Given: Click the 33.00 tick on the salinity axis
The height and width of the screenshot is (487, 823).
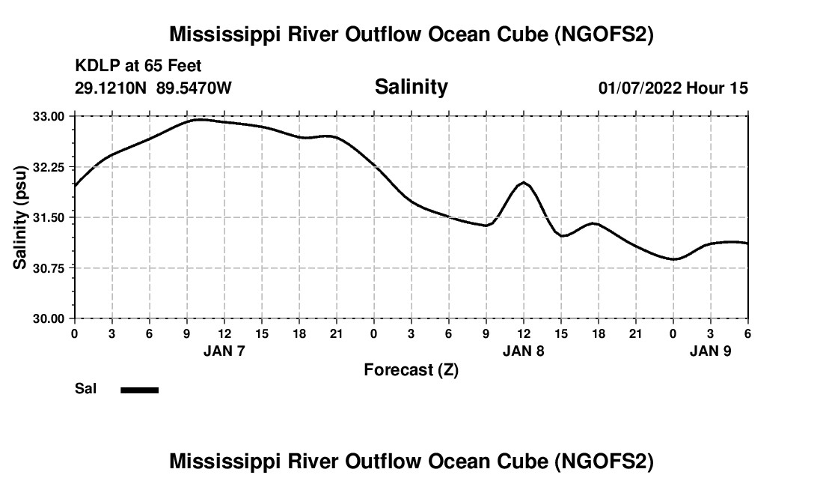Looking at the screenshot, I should pyautogui.click(x=49, y=116).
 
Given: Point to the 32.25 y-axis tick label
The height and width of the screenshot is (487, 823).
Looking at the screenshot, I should pyautogui.click(x=49, y=167).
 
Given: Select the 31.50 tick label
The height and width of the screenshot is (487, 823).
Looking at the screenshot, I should pyautogui.click(x=49, y=217).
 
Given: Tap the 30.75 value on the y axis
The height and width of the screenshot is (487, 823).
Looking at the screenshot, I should pyautogui.click(x=49, y=267).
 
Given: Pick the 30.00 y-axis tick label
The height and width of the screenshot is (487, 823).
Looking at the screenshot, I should pyautogui.click(x=49, y=318).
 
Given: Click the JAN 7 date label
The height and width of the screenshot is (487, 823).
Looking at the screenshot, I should pyautogui.click(x=224, y=351).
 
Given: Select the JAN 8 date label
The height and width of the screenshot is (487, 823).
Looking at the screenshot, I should pyautogui.click(x=524, y=351).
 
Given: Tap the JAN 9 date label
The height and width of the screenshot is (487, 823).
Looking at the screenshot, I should pyautogui.click(x=711, y=351).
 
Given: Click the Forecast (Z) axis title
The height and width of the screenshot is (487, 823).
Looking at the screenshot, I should pyautogui.click(x=411, y=369).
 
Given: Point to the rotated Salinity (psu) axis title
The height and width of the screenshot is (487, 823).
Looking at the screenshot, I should pyautogui.click(x=20, y=217).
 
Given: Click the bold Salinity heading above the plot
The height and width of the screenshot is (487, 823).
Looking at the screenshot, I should pyautogui.click(x=411, y=87).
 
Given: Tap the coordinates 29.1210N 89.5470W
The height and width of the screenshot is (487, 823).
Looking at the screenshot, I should pyautogui.click(x=153, y=88).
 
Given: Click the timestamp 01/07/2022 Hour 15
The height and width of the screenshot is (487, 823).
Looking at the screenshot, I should pyautogui.click(x=673, y=88).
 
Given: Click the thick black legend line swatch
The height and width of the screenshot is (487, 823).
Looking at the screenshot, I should pyautogui.click(x=140, y=390).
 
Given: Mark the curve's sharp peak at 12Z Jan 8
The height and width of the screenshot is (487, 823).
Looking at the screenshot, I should pyautogui.click(x=524, y=183).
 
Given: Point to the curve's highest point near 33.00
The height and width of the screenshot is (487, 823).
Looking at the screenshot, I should pyautogui.click(x=199, y=119).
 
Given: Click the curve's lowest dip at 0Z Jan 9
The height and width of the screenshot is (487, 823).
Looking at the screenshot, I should pyautogui.click(x=674, y=259).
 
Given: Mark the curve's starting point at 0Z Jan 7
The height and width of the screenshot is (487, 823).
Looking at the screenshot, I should pyautogui.click(x=75, y=185).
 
